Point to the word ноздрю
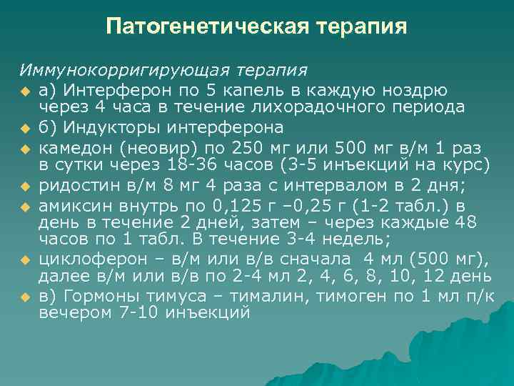coord(417,90)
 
